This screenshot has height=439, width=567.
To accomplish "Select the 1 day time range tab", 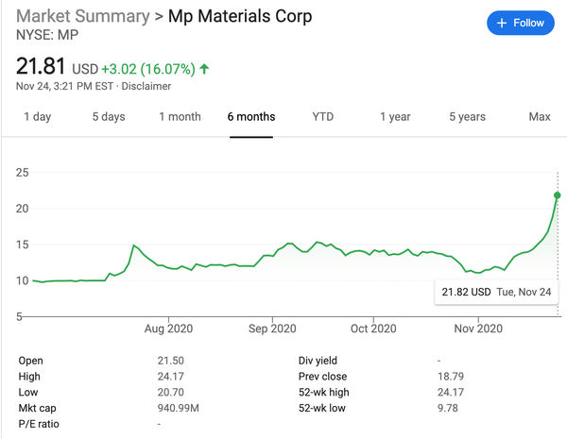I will pyautogui.click(x=37, y=117).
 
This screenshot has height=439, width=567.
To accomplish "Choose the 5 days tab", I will pyautogui.click(x=109, y=117).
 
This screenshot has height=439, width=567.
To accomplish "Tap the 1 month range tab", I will pyautogui.click(x=180, y=117).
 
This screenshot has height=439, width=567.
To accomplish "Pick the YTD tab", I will pyautogui.click(x=323, y=117).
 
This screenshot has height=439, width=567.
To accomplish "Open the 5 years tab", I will pyautogui.click(x=467, y=117).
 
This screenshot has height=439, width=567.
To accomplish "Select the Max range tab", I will pyautogui.click(x=540, y=117).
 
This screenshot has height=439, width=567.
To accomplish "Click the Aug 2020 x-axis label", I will pyautogui.click(x=167, y=329).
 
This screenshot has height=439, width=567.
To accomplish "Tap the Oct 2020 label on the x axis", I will pyautogui.click(x=373, y=329).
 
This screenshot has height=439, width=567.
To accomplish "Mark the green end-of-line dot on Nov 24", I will pyautogui.click(x=558, y=195).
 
